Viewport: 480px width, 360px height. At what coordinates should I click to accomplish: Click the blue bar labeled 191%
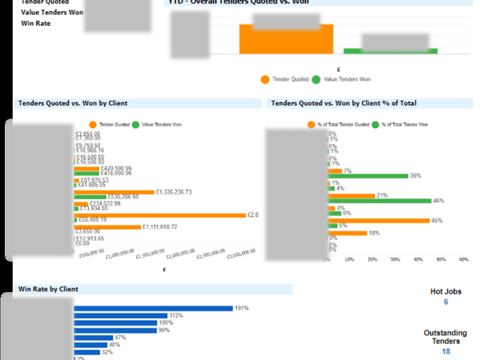point(153,308)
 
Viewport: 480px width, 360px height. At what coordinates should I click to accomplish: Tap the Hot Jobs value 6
point(446,302)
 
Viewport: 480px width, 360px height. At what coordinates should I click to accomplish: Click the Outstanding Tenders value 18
point(446,351)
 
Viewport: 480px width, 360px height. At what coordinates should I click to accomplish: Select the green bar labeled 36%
point(368,176)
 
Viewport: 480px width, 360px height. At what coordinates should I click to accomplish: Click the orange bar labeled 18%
point(347,233)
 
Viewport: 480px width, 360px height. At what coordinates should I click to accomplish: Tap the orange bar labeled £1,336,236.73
point(114,192)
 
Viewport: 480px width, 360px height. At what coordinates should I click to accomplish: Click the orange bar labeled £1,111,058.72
point(108,227)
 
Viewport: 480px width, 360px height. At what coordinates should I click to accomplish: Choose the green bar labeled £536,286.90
point(90,197)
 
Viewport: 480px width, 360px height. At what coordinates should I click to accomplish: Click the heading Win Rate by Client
point(48,289)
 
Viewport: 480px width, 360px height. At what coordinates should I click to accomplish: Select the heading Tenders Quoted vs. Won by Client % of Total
point(344,103)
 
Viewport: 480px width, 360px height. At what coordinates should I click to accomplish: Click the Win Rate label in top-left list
point(36,23)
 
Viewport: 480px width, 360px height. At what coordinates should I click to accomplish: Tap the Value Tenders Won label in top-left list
point(52,12)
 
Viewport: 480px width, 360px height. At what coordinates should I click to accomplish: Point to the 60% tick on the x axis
point(464,259)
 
